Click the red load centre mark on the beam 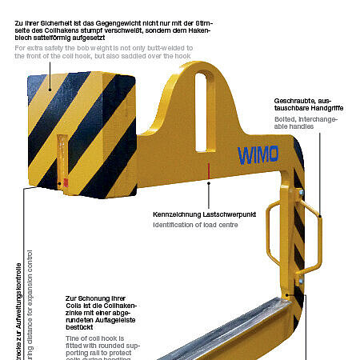[208, 170]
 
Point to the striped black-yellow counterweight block [80, 132]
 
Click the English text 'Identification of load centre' [194, 225]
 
